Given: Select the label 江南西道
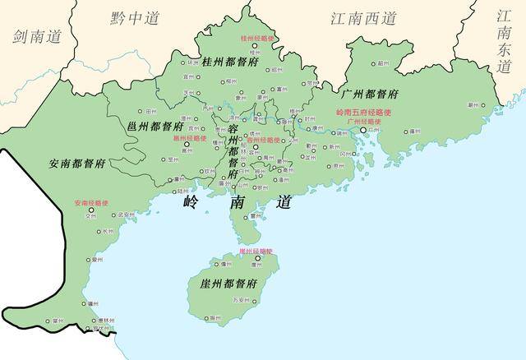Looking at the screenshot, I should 362,17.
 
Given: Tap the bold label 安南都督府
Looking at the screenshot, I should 76,162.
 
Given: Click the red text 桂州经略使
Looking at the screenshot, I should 256,39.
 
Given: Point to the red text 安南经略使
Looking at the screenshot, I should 90,202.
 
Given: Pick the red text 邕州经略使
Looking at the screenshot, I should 187,138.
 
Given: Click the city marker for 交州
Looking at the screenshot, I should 92,211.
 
